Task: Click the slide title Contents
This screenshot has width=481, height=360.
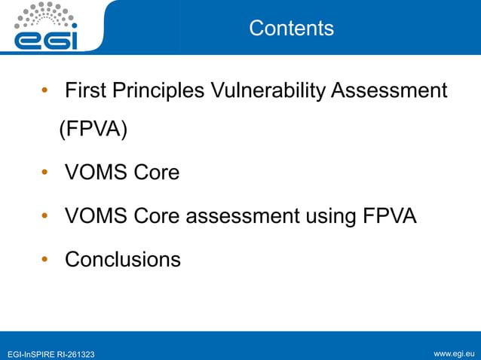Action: tap(291, 29)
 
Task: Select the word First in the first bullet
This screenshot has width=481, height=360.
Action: tap(86, 91)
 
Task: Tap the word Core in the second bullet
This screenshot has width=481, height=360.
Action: tap(156, 172)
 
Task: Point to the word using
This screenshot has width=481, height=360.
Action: tap(331, 216)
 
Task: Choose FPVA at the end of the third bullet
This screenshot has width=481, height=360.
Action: tap(390, 216)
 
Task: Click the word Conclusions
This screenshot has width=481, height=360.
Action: tap(123, 260)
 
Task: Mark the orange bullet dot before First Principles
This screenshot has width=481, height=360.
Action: tap(46, 92)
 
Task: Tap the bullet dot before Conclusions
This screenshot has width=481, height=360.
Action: tap(46, 260)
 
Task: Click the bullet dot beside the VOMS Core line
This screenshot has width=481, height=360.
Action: tap(46, 172)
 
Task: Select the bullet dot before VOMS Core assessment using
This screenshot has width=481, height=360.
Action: tap(46, 216)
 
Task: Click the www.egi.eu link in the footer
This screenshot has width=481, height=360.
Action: tap(455, 353)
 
